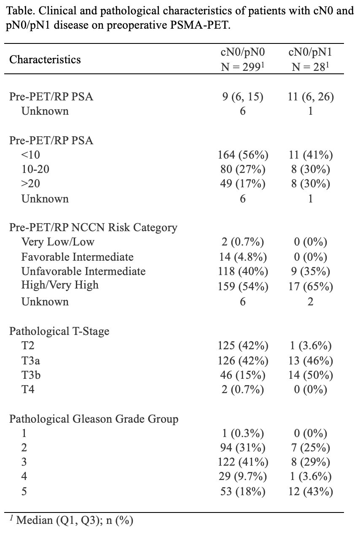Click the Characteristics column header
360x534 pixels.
[45, 59]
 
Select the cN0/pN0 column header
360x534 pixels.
[243, 59]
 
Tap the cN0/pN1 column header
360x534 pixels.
[310, 59]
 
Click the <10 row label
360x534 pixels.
[31, 155]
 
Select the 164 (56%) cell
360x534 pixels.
[243, 155]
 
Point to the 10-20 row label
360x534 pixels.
[35, 169]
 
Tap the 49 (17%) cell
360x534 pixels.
[243, 183]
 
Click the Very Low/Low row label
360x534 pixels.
[58, 242]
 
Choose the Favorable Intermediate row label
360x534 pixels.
[78, 257]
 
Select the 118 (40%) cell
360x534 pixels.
[243, 271]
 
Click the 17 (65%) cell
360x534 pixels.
[310, 286]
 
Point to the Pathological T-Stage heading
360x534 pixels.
[59, 331]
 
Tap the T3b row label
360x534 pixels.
[31, 375]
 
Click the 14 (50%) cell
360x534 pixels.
[310, 375]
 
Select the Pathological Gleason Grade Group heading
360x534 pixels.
[94, 419]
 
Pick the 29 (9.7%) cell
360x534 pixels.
[243, 476]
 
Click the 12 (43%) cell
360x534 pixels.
[310, 491]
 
